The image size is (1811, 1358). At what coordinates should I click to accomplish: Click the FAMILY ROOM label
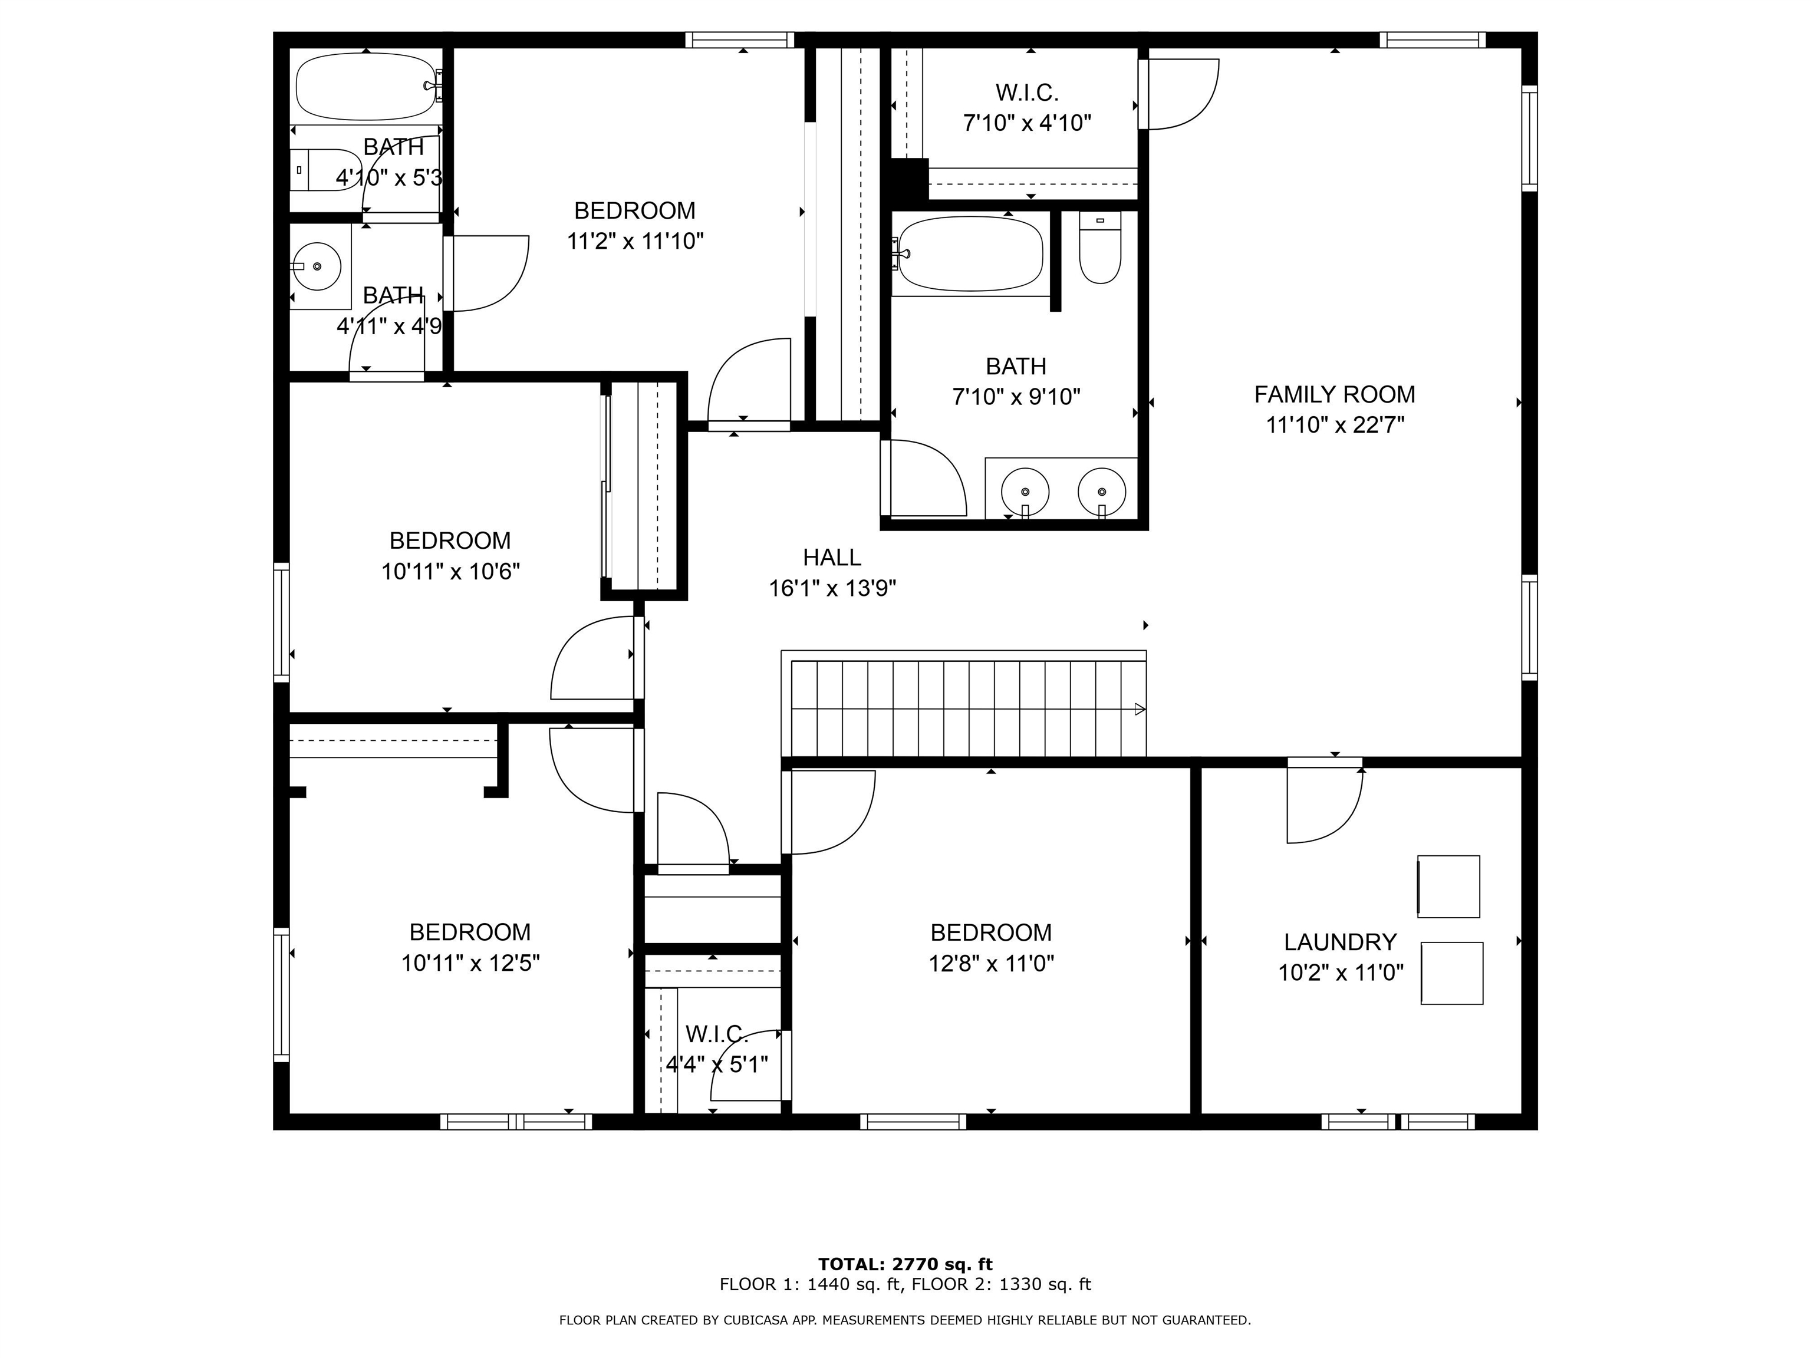tap(1335, 394)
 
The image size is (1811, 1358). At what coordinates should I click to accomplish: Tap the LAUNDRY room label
tap(1339, 942)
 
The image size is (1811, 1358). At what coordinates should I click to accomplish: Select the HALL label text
tap(832, 558)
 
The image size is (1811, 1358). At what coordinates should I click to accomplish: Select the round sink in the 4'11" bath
tap(317, 266)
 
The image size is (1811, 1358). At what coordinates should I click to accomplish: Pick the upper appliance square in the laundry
tap(1448, 886)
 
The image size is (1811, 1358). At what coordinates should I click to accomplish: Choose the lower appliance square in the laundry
tap(1451, 973)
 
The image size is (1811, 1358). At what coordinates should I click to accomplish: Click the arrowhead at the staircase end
tap(1140, 710)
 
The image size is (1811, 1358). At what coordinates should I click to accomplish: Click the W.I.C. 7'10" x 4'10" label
tap(1027, 108)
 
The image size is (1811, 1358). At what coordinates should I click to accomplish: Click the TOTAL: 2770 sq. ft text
tap(905, 1265)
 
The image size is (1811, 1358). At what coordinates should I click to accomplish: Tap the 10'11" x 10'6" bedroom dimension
tap(450, 571)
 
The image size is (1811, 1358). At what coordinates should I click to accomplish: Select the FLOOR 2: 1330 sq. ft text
tap(1001, 1285)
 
